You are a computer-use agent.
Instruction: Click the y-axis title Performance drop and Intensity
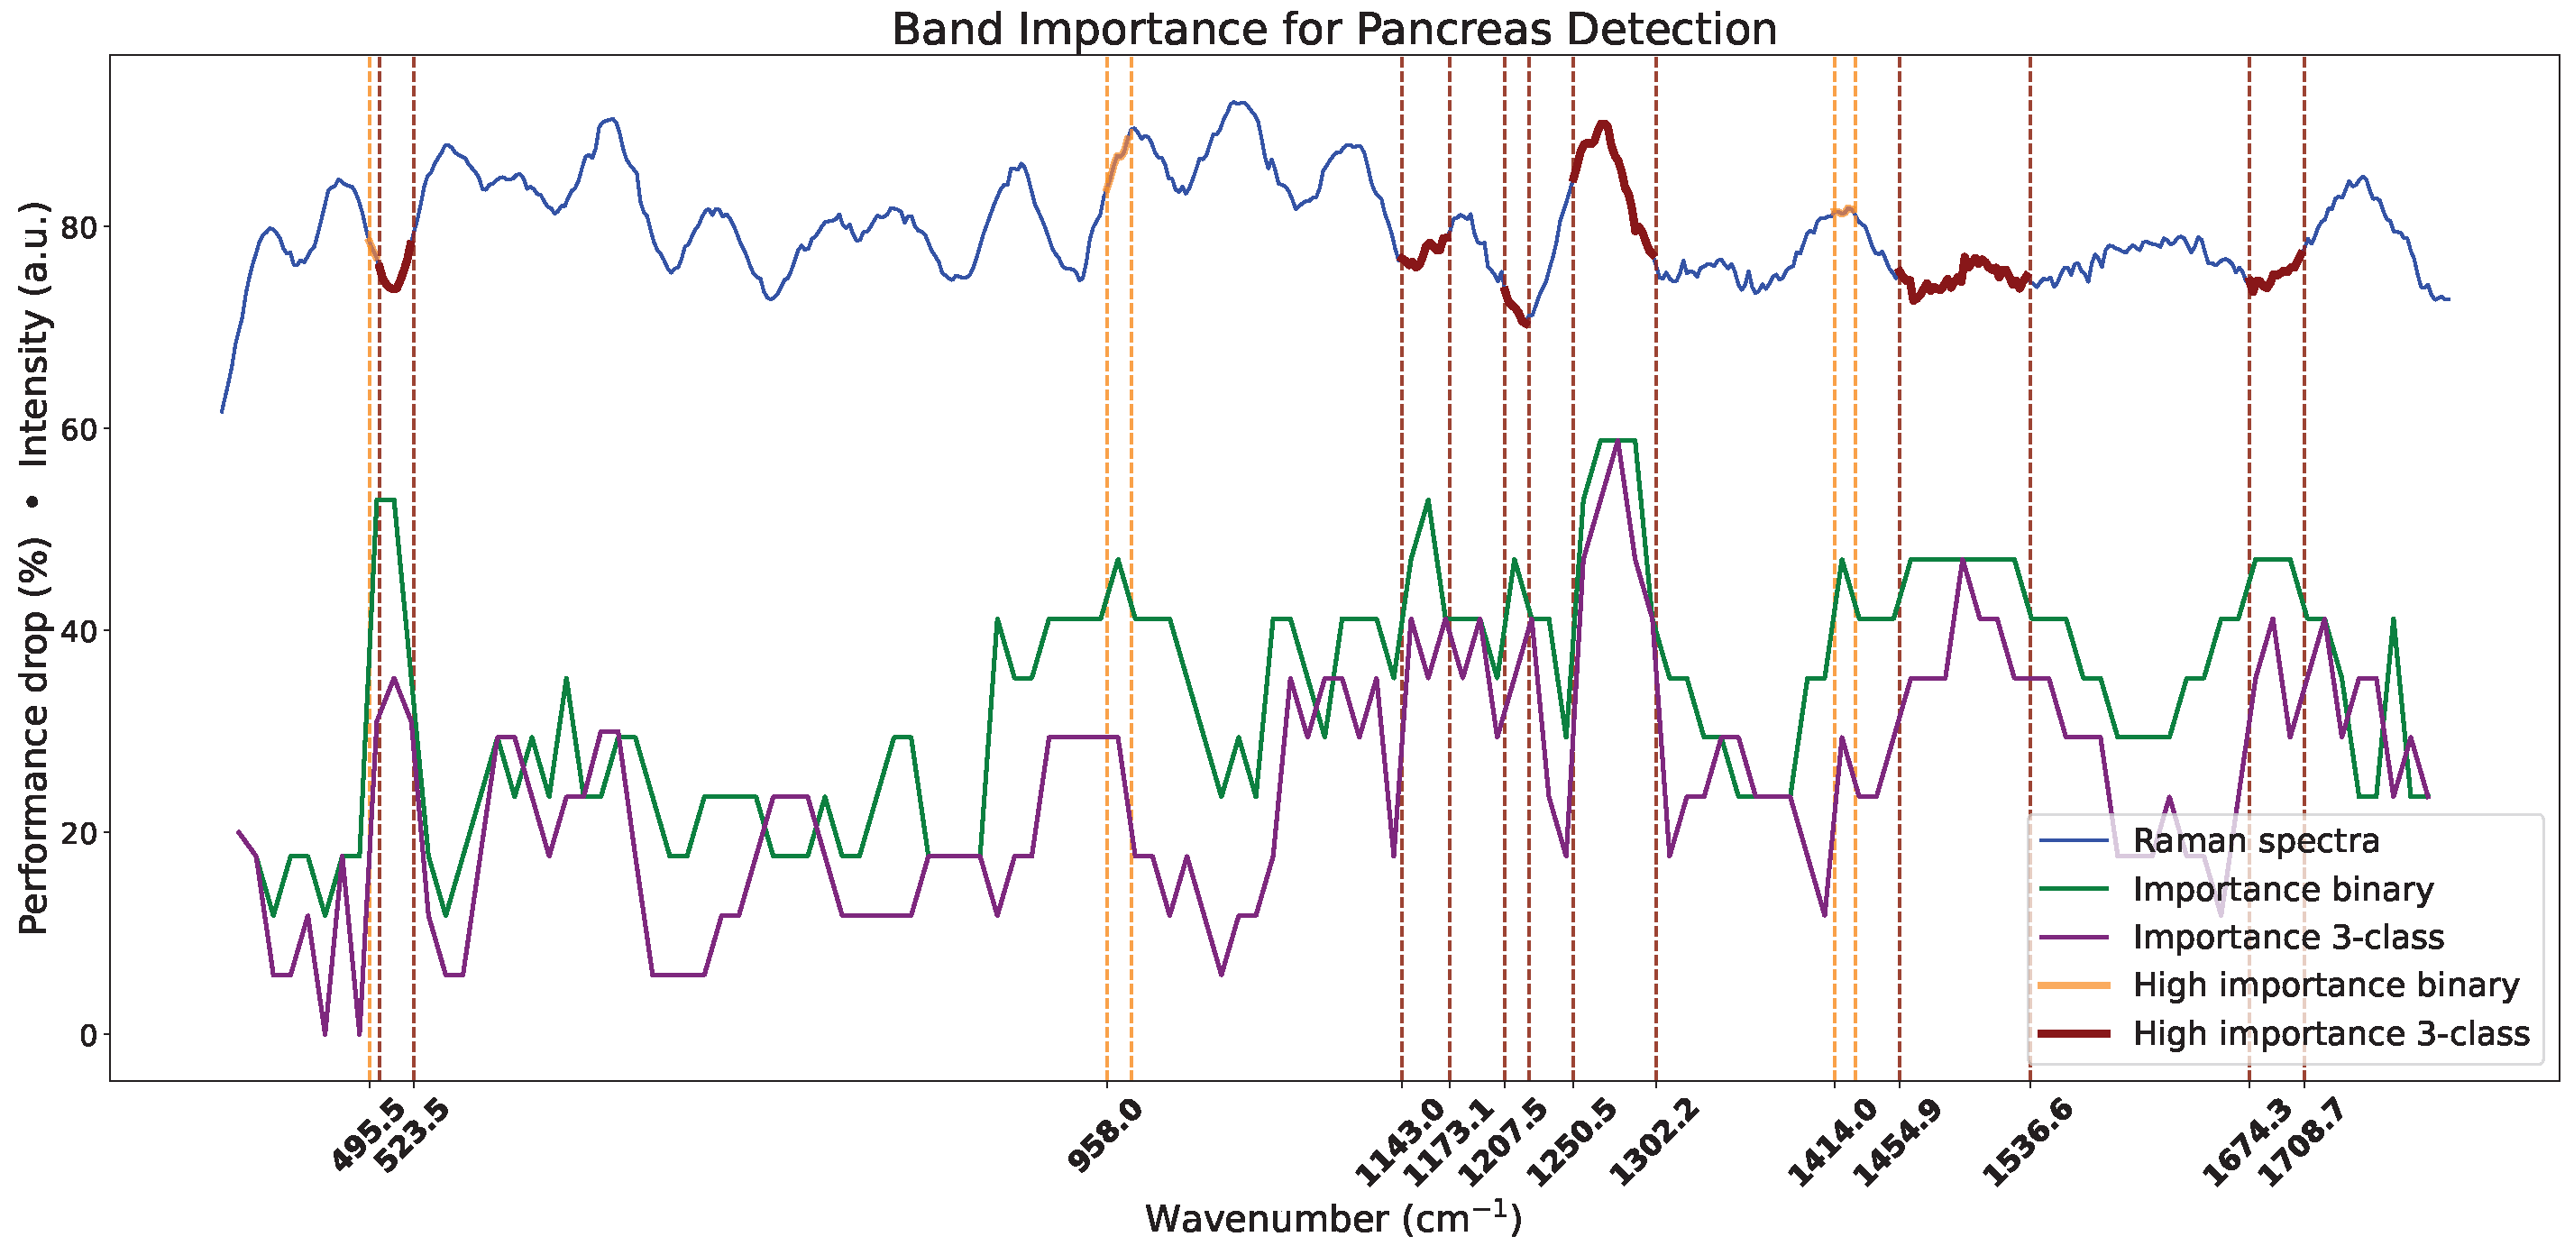click(34, 567)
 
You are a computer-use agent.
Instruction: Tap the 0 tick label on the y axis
click(88, 1035)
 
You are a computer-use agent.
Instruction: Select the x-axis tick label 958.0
click(1105, 1134)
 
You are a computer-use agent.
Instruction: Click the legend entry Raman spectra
click(2255, 841)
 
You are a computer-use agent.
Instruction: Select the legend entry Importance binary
click(2282, 889)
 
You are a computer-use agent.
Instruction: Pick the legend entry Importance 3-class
click(2288, 938)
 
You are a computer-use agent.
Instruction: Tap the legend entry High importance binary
click(2325, 985)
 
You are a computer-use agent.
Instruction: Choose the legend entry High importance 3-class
click(2331, 1033)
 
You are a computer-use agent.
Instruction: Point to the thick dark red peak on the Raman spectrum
click(1603, 125)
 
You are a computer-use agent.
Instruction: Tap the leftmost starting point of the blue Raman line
click(222, 410)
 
